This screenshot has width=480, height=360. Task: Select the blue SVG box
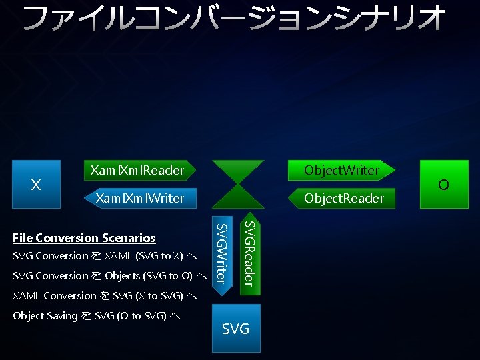point(236,328)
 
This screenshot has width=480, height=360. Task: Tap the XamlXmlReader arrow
point(137,170)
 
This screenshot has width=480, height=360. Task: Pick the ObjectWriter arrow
point(341,170)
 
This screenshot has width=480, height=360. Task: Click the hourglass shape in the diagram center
point(237,184)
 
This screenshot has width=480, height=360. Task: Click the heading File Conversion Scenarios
point(84,238)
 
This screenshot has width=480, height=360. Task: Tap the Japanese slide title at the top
point(234,18)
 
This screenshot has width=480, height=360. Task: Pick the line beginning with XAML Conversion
point(104,296)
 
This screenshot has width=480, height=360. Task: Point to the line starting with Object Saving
point(96,316)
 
